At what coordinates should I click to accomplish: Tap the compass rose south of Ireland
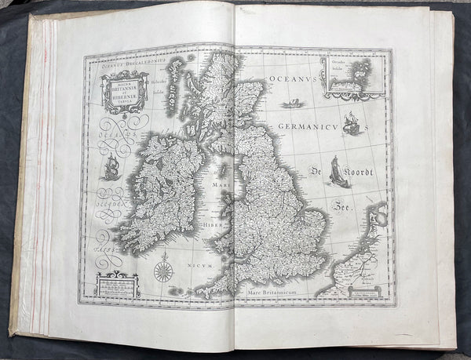coord(163,271)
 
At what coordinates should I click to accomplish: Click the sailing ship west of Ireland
coord(111,166)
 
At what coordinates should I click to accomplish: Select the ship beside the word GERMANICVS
coord(352,124)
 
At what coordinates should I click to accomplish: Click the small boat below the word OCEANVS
coord(290,103)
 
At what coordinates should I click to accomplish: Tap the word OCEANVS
coord(293,79)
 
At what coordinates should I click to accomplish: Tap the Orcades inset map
coord(352,78)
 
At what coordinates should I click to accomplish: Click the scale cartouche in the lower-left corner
coord(117,284)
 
